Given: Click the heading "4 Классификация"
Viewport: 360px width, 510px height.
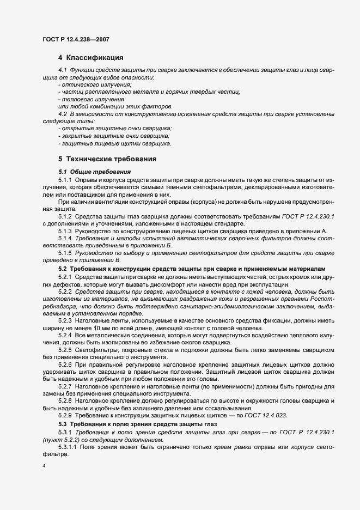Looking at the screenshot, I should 90,57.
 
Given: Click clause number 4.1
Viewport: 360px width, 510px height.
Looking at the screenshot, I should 62,71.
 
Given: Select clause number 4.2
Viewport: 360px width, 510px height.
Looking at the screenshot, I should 62,114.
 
